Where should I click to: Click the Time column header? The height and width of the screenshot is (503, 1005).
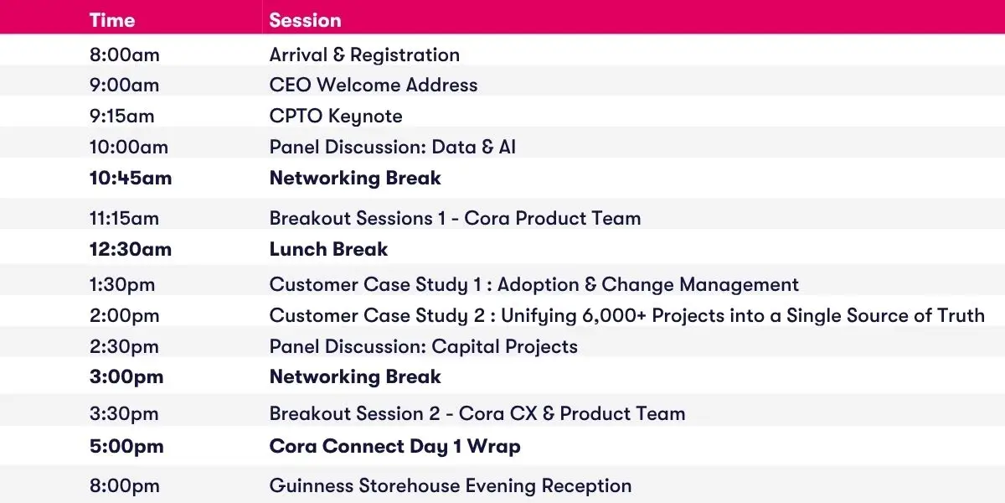112,21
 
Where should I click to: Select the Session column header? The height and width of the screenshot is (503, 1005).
305,21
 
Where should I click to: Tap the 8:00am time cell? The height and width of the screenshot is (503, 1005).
124,55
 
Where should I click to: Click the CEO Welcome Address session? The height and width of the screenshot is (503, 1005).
374,85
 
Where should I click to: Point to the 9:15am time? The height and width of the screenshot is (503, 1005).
121,117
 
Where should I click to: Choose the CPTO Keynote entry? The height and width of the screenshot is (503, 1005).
336,117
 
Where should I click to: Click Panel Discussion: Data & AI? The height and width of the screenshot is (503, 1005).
393,148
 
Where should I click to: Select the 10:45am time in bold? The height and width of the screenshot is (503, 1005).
131,179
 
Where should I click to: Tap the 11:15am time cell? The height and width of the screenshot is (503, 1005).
124,219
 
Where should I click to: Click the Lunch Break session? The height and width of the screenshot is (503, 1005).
328,249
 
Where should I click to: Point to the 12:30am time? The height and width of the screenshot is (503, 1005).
131,250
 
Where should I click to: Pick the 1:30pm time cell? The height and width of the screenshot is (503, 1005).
122,285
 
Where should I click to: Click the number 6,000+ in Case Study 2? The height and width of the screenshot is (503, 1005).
614,316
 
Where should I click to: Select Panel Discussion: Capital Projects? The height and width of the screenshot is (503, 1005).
424,347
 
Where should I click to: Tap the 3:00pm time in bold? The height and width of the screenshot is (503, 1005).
126,377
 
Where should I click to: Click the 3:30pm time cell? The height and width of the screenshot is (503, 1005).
124,414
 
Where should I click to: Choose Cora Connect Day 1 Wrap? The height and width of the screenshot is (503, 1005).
394,447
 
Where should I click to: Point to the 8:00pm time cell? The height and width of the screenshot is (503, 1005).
124,486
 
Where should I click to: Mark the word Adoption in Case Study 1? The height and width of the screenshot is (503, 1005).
538,285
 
